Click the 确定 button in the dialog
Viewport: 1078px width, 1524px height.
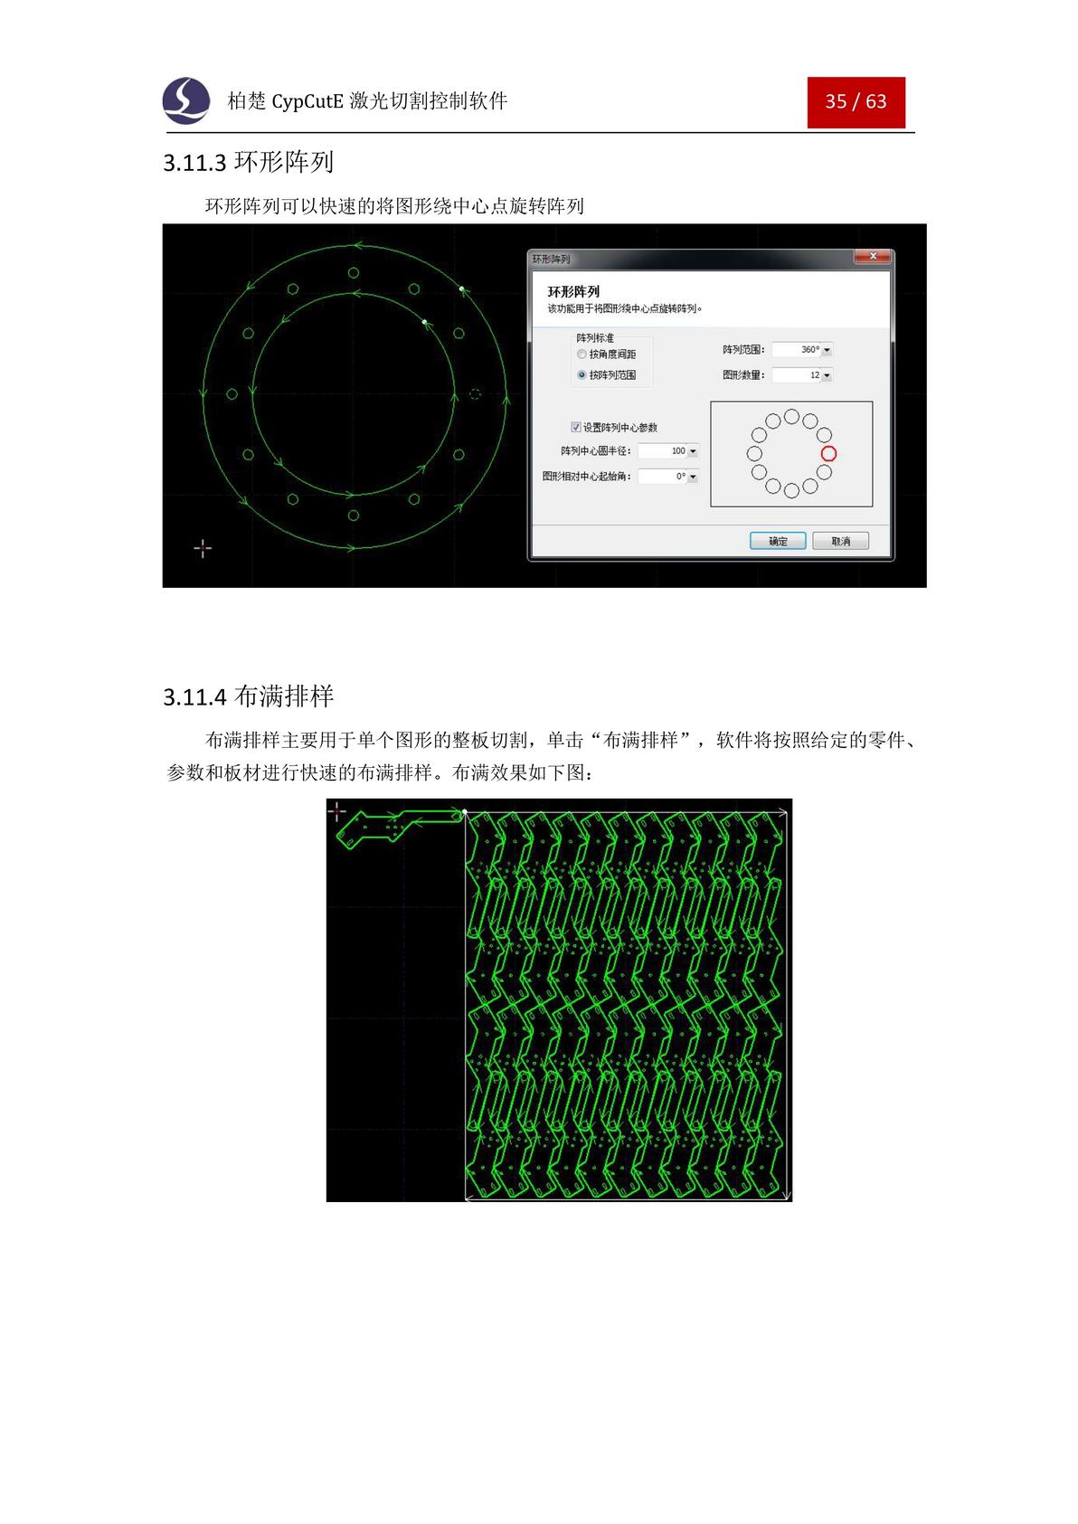pos(777,541)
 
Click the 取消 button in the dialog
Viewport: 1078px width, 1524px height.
pos(840,541)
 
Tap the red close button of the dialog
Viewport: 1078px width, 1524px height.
pos(873,257)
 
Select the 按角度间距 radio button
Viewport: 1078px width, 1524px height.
pos(582,355)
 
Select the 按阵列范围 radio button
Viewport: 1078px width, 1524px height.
pos(582,374)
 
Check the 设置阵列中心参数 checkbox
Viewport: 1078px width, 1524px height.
pos(576,427)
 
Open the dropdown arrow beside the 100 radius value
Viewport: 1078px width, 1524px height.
pos(693,451)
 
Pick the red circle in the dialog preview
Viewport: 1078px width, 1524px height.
pos(828,453)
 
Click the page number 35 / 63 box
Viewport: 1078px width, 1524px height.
pos(856,101)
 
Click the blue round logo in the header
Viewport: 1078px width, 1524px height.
pos(186,100)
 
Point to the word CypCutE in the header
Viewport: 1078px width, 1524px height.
pos(307,101)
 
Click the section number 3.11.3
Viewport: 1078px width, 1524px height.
pos(194,163)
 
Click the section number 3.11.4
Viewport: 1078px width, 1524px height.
pos(194,697)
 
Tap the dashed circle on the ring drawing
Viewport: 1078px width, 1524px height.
pos(476,393)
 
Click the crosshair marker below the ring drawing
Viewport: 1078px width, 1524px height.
pos(203,548)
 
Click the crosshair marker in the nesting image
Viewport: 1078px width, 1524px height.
pos(336,811)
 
